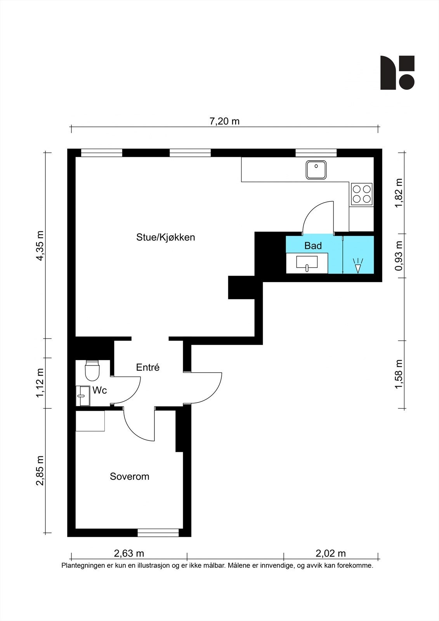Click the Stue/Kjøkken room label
click(166, 238)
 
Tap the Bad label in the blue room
click(313, 246)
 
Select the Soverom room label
click(130, 476)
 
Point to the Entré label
click(148, 367)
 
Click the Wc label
click(99, 390)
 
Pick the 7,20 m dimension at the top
click(224, 121)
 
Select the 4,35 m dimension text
click(40, 246)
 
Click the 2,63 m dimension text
click(129, 553)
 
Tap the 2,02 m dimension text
click(331, 553)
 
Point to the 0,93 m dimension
click(399, 256)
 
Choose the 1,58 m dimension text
click(399, 374)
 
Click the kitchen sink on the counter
click(316, 170)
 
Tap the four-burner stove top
click(362, 194)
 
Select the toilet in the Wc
click(92, 370)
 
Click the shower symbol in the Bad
click(358, 265)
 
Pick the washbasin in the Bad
click(307, 263)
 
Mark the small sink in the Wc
click(83, 396)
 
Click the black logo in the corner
click(397, 73)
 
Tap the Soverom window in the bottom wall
click(158, 533)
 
